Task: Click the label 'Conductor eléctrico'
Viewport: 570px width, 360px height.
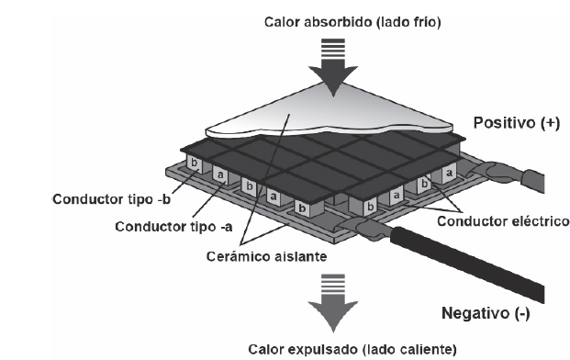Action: pyautogui.click(x=504, y=221)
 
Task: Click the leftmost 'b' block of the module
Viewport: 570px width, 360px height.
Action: pyautogui.click(x=194, y=162)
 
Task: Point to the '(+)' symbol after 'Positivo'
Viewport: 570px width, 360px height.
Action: pyautogui.click(x=547, y=122)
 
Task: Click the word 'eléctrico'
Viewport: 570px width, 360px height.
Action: pyautogui.click(x=539, y=221)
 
